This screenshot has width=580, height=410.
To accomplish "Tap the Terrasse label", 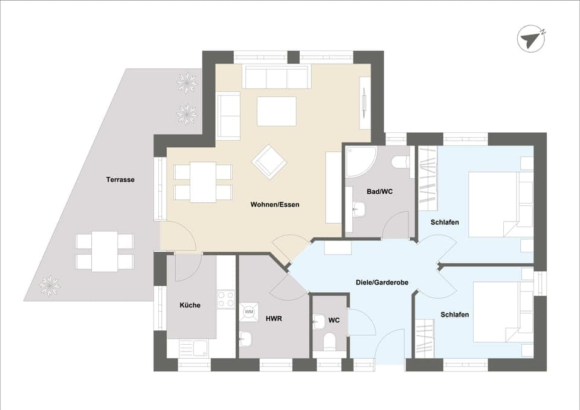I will (x=120, y=179).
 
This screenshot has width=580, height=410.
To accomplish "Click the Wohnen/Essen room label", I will (x=275, y=205).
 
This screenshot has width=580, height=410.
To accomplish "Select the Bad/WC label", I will (x=379, y=191).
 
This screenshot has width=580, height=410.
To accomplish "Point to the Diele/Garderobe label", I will (x=382, y=281).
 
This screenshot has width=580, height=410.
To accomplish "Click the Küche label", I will (x=190, y=305).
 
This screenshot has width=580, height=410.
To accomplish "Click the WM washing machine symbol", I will (x=249, y=312).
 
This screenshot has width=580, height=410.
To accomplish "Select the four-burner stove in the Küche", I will (x=225, y=299).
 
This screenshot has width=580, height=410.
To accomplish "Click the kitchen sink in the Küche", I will (x=193, y=347).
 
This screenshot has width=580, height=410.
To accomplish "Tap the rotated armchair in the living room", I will (x=269, y=162).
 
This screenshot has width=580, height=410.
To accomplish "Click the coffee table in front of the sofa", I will (x=277, y=111).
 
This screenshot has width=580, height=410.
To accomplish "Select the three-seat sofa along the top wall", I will (x=277, y=77).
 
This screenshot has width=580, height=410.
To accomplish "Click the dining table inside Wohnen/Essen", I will (x=203, y=182).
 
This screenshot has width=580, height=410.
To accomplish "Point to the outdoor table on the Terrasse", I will (x=105, y=251).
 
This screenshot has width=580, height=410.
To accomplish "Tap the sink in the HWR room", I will (x=246, y=340).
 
